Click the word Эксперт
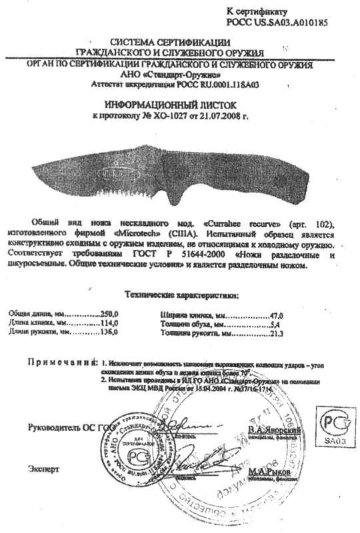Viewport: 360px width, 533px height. [x=44, y=468]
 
